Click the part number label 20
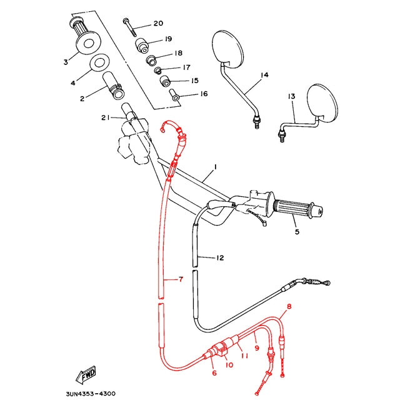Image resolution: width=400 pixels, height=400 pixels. (157, 24)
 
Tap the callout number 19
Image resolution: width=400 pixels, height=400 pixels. (168, 39)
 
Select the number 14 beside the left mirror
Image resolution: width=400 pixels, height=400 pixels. (264, 75)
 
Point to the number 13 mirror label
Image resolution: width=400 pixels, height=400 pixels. (292, 96)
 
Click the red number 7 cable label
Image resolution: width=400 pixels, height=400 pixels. (181, 279)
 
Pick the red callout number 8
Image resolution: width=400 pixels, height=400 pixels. (289, 307)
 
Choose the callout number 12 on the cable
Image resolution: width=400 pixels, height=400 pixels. (202, 257)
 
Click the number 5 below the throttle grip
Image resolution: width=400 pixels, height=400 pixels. (297, 232)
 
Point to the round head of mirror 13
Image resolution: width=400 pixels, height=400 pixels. (326, 101)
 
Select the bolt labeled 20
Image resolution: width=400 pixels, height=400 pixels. (129, 26)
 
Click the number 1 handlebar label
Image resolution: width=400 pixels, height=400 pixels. (215, 167)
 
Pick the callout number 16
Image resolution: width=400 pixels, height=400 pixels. (204, 94)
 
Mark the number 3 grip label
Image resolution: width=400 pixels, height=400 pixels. (66, 62)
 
